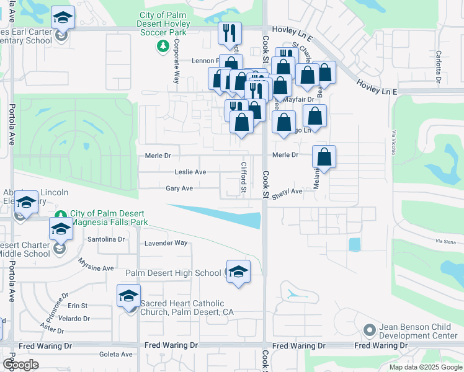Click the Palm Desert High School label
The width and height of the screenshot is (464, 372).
click(173, 273)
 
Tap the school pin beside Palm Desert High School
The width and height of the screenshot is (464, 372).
click(238, 272)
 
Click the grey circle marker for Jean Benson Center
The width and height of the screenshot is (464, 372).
click(369, 329)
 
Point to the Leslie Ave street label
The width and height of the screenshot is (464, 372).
click(190, 172)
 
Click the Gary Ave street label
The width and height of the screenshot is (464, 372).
click(179, 188)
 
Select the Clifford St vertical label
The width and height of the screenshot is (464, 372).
click(244, 177)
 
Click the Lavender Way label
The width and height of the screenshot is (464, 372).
click(166, 243)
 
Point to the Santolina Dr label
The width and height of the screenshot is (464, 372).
click(106, 239)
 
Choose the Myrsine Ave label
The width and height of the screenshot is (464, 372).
click(96, 265)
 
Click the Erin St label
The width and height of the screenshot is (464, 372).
click(78, 306)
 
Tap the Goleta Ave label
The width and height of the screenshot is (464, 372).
click(116, 355)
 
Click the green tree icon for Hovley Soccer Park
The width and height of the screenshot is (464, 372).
click(163, 46)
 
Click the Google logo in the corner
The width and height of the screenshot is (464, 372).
click(20, 365)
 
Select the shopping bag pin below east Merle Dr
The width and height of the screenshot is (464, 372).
click(324, 157)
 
